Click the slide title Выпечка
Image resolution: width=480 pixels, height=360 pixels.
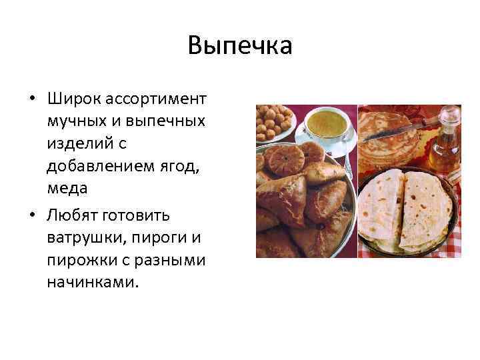pos(240,46)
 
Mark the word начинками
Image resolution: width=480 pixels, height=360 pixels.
pos(93,282)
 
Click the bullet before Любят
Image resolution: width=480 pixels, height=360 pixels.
pos(32,216)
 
